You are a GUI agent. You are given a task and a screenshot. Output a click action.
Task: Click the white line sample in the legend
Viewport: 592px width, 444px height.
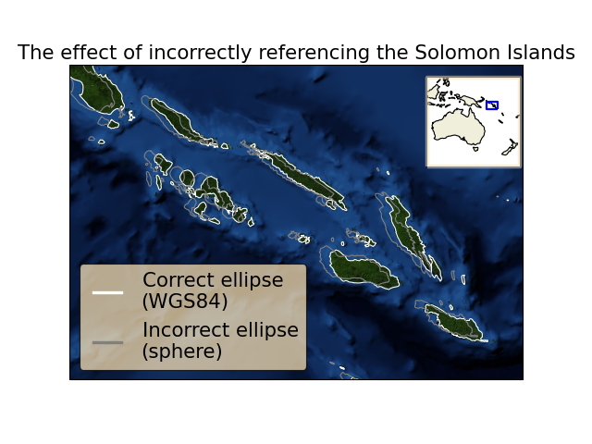tap(107, 292)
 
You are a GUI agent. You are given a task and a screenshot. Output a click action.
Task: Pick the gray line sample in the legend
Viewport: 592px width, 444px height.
tap(107, 342)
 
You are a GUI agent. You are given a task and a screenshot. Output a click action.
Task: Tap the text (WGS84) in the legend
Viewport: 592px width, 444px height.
tap(185, 302)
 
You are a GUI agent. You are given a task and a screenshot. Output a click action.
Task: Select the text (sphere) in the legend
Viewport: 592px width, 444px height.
tap(181, 351)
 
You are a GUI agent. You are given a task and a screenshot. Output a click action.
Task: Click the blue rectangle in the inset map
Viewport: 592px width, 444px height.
tap(491, 105)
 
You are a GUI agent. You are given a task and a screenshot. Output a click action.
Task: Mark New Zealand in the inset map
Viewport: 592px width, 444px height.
tap(510, 147)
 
